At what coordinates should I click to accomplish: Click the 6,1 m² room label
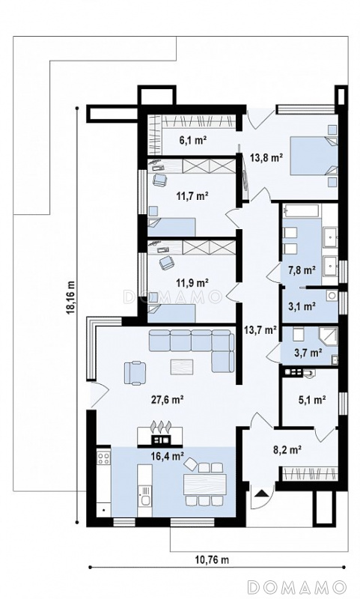click(193, 140)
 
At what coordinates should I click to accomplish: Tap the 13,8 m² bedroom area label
click(266, 156)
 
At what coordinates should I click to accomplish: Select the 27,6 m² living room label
click(168, 400)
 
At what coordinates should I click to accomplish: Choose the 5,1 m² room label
click(312, 400)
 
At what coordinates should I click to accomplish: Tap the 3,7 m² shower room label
click(307, 353)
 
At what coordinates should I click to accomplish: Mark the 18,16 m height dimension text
click(70, 299)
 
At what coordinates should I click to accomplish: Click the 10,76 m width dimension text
click(213, 560)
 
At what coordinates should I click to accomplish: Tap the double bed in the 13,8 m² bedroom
click(314, 156)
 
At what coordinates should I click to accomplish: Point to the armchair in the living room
click(135, 372)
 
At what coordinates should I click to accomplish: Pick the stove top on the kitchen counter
click(103, 457)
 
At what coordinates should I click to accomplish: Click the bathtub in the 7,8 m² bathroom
click(302, 211)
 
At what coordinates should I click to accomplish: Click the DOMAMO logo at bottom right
click(296, 586)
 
